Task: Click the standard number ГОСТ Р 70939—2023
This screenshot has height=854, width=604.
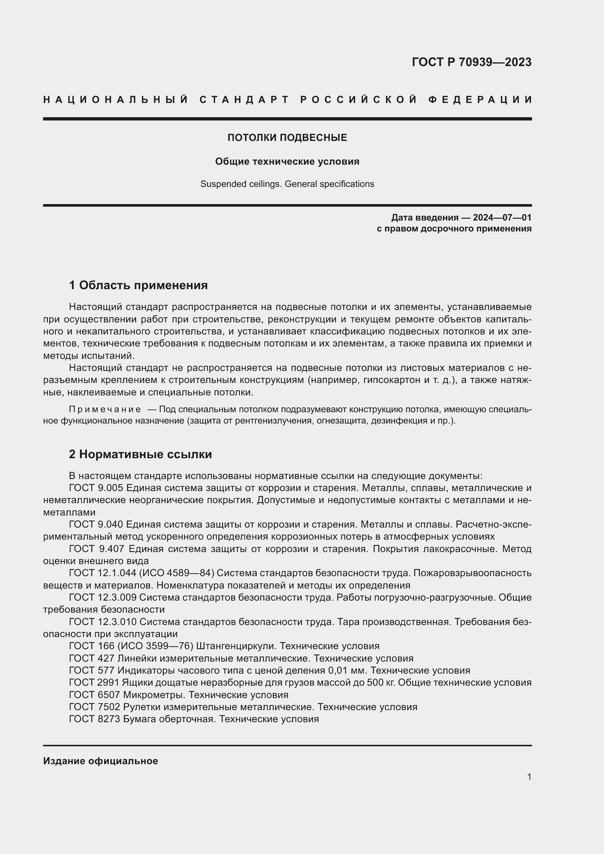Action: (471, 62)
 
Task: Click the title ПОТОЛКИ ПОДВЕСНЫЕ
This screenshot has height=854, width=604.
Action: (287, 138)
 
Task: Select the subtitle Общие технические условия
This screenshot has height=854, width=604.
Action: (287, 161)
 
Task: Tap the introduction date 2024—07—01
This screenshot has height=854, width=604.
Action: (502, 218)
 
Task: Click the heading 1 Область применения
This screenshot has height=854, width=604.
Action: (138, 285)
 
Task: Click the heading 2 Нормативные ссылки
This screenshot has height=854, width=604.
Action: (141, 454)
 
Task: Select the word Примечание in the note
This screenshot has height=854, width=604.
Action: (105, 410)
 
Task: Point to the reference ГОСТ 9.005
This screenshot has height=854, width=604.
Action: (96, 488)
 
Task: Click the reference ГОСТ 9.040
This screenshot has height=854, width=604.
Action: (96, 524)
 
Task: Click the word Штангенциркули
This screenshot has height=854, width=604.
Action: (236, 646)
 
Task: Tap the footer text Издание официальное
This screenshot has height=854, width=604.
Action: (100, 761)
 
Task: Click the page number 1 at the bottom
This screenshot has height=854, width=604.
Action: (529, 777)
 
